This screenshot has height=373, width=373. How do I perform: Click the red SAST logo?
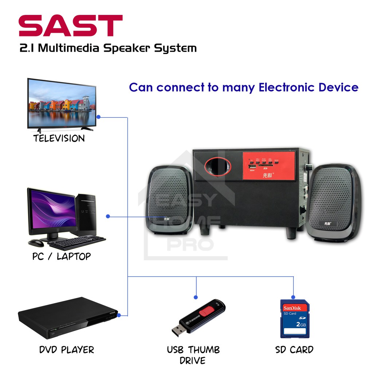pos(71,26)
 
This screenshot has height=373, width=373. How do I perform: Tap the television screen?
pos(61,103)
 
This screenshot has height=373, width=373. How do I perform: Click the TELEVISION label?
pos(59,138)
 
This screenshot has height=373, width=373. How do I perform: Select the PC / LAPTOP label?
pos(61,256)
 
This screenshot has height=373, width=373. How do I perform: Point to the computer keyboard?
pos(76,242)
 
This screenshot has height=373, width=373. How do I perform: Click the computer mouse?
pos(35,243)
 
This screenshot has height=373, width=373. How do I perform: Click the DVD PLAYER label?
pos(66,350)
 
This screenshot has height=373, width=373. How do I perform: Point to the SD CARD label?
pos(294,350)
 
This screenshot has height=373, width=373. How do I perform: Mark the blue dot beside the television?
pos(99,117)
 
